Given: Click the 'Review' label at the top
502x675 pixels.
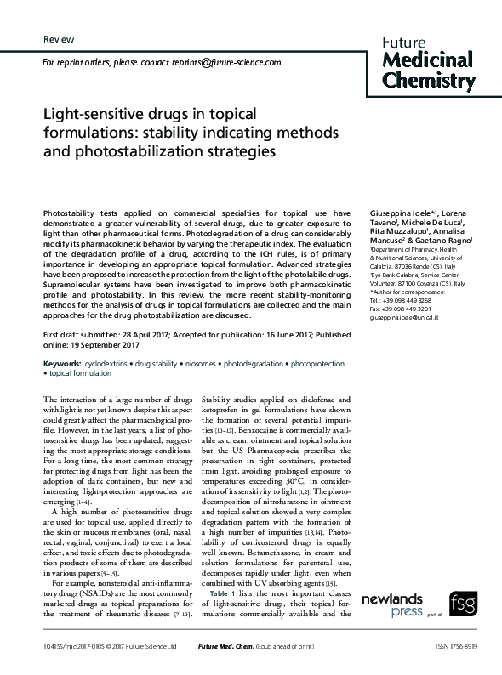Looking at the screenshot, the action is click(58, 40).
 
